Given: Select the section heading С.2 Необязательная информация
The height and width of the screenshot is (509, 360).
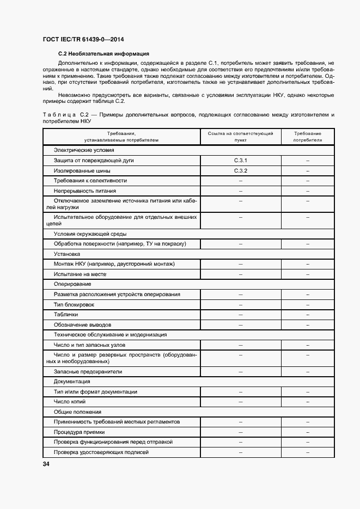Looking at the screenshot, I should coord(103,54).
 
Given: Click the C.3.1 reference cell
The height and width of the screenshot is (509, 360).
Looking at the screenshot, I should coord(240,161).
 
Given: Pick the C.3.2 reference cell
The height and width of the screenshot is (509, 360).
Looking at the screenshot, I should coord(240,170).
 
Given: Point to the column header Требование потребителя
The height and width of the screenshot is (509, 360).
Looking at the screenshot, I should coord(307,137).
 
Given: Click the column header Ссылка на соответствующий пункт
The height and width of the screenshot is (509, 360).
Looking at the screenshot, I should coord(240,137).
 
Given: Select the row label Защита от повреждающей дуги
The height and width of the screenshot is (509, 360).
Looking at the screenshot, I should coord(94,161).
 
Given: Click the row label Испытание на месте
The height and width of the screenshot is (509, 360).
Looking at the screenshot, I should coord(80,274).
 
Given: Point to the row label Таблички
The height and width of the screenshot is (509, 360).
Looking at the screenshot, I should coord(66,315).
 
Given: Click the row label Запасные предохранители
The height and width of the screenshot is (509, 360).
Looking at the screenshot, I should coord(88,371).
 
